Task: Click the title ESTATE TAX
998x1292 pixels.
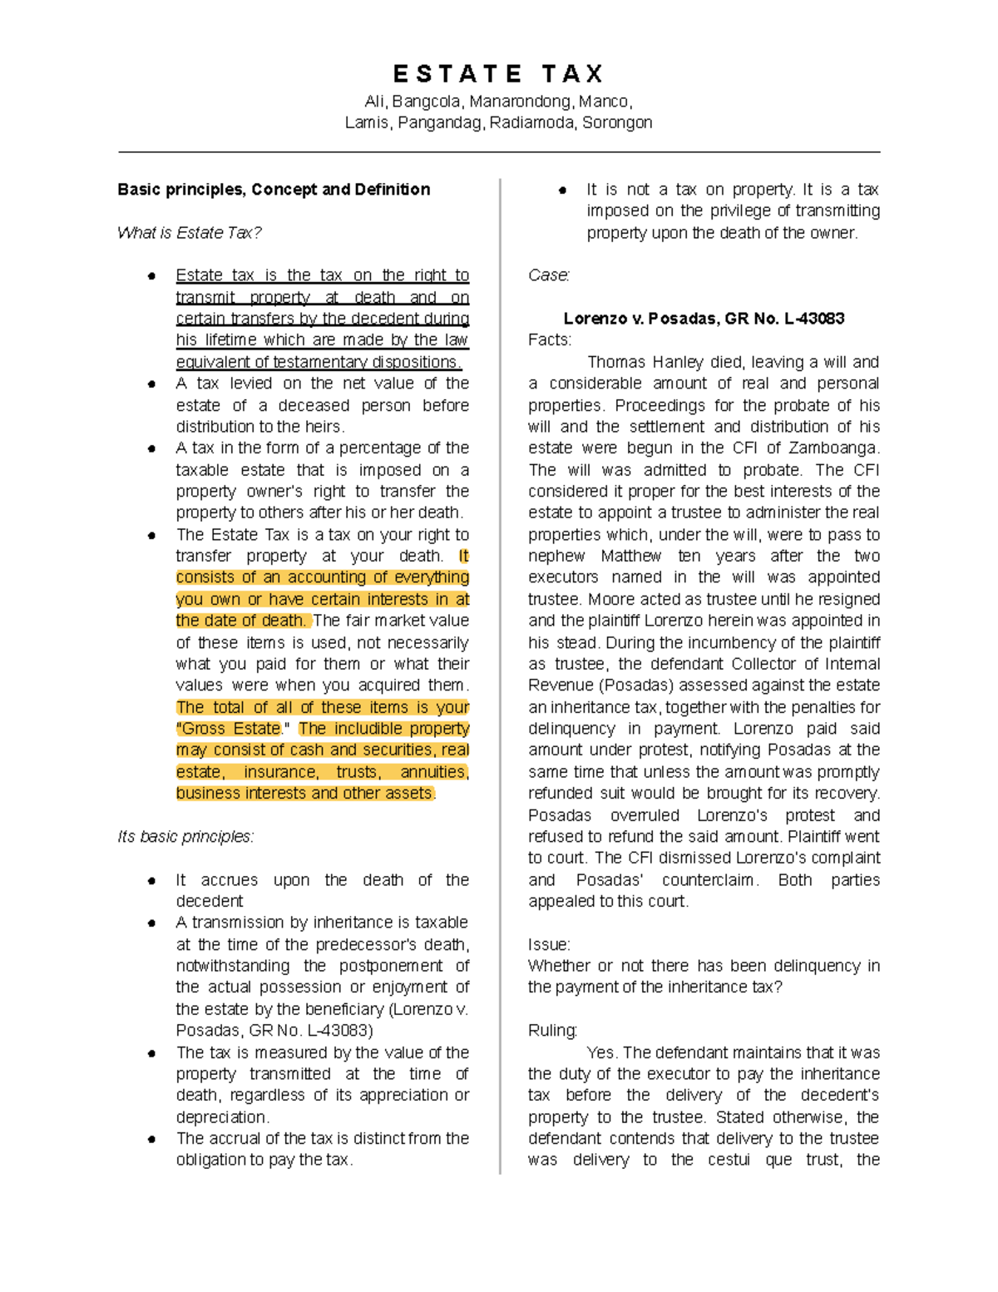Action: pos(498,75)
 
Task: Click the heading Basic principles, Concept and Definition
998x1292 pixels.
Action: pos(274,190)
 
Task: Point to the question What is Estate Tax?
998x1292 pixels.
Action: pos(190,233)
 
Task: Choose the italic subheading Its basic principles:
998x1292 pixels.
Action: pos(185,837)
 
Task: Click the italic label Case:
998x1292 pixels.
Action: pos(549,275)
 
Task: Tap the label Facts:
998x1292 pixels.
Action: pos(550,340)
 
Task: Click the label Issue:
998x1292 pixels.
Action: pos(549,945)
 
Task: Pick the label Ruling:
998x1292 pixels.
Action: pos(552,1031)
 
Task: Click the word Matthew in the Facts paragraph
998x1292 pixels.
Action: pos(631,557)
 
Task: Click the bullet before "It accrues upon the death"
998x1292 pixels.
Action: pos(151,880)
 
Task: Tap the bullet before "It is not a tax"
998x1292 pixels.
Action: pos(562,191)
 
